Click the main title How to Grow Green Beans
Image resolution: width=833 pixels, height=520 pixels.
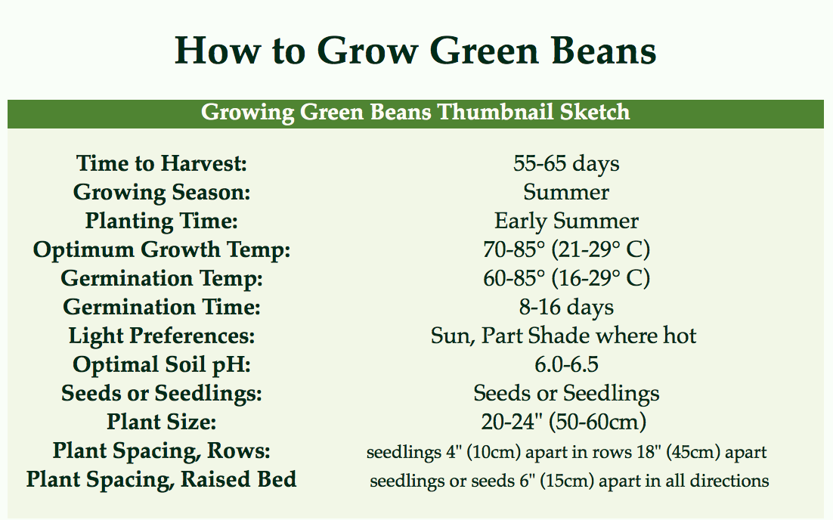pos(416,51)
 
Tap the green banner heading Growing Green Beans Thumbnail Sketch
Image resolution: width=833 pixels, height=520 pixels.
pos(416,113)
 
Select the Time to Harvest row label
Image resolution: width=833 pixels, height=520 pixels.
pos(162,163)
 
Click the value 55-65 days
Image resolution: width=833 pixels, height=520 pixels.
pos(566,163)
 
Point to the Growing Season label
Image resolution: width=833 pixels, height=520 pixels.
pos(162,192)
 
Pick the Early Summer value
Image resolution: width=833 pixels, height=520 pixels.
pos(566,221)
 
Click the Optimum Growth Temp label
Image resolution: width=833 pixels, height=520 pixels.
pos(162,249)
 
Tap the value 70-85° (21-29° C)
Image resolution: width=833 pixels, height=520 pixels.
pos(566,249)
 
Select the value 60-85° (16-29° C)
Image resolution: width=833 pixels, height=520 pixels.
pos(566,278)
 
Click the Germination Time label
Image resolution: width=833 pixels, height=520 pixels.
pos(162,307)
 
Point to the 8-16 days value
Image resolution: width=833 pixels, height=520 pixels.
pos(566,307)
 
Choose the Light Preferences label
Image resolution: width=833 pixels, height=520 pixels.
pos(162,336)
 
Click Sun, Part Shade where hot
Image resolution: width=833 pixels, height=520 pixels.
pos(563,336)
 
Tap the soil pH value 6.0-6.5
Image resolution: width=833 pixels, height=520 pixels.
pos(566,364)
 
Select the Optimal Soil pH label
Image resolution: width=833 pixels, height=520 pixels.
pos(162,364)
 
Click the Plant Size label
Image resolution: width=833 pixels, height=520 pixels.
pos(162,422)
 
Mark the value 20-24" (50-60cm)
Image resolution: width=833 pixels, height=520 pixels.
pos(564,422)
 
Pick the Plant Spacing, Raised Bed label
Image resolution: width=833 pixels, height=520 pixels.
pos(162,479)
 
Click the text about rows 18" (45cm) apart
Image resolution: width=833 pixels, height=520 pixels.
pos(566,452)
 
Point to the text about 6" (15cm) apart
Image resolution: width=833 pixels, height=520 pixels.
pos(569,481)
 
